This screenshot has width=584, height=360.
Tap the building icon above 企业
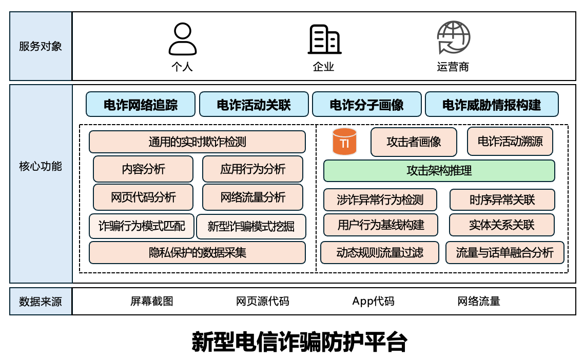324,39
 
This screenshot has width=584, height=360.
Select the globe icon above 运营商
453,37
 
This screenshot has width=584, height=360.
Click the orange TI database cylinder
344,142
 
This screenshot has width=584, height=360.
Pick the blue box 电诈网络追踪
141,105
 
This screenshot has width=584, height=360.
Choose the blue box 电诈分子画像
366,105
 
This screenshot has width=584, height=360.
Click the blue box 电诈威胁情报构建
492,105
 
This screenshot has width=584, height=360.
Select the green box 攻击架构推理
439,171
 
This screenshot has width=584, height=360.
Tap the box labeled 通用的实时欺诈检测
197,142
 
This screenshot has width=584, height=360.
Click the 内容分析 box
143,169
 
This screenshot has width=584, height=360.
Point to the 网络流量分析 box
252,197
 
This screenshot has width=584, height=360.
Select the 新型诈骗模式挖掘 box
251,226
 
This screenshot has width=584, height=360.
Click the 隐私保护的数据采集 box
197,253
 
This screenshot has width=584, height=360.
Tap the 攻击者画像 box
414,142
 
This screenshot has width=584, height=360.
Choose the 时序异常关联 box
502,200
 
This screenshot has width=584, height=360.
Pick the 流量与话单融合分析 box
504,253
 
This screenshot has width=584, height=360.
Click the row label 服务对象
41,46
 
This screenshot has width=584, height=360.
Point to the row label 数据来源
41,302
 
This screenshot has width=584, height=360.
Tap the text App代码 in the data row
373,301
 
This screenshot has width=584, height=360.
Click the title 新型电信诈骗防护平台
300,342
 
